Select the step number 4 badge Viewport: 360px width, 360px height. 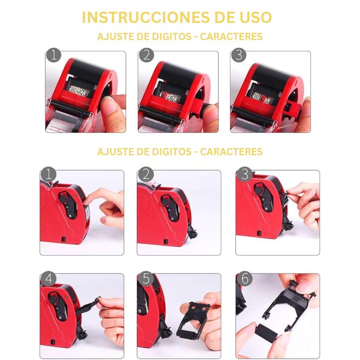coord(49,279)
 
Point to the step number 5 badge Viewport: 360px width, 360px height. coord(146,279)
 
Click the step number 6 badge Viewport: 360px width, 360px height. coord(244,279)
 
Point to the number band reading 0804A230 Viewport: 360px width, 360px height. coord(78,91)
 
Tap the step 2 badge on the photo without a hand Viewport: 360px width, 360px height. coord(146,174)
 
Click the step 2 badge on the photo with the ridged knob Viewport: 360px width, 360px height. coord(146,55)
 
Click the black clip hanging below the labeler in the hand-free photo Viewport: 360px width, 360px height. coord(193,232)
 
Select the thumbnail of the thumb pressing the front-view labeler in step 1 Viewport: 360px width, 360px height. coord(85,92)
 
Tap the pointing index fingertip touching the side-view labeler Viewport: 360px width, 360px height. coord(88,198)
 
